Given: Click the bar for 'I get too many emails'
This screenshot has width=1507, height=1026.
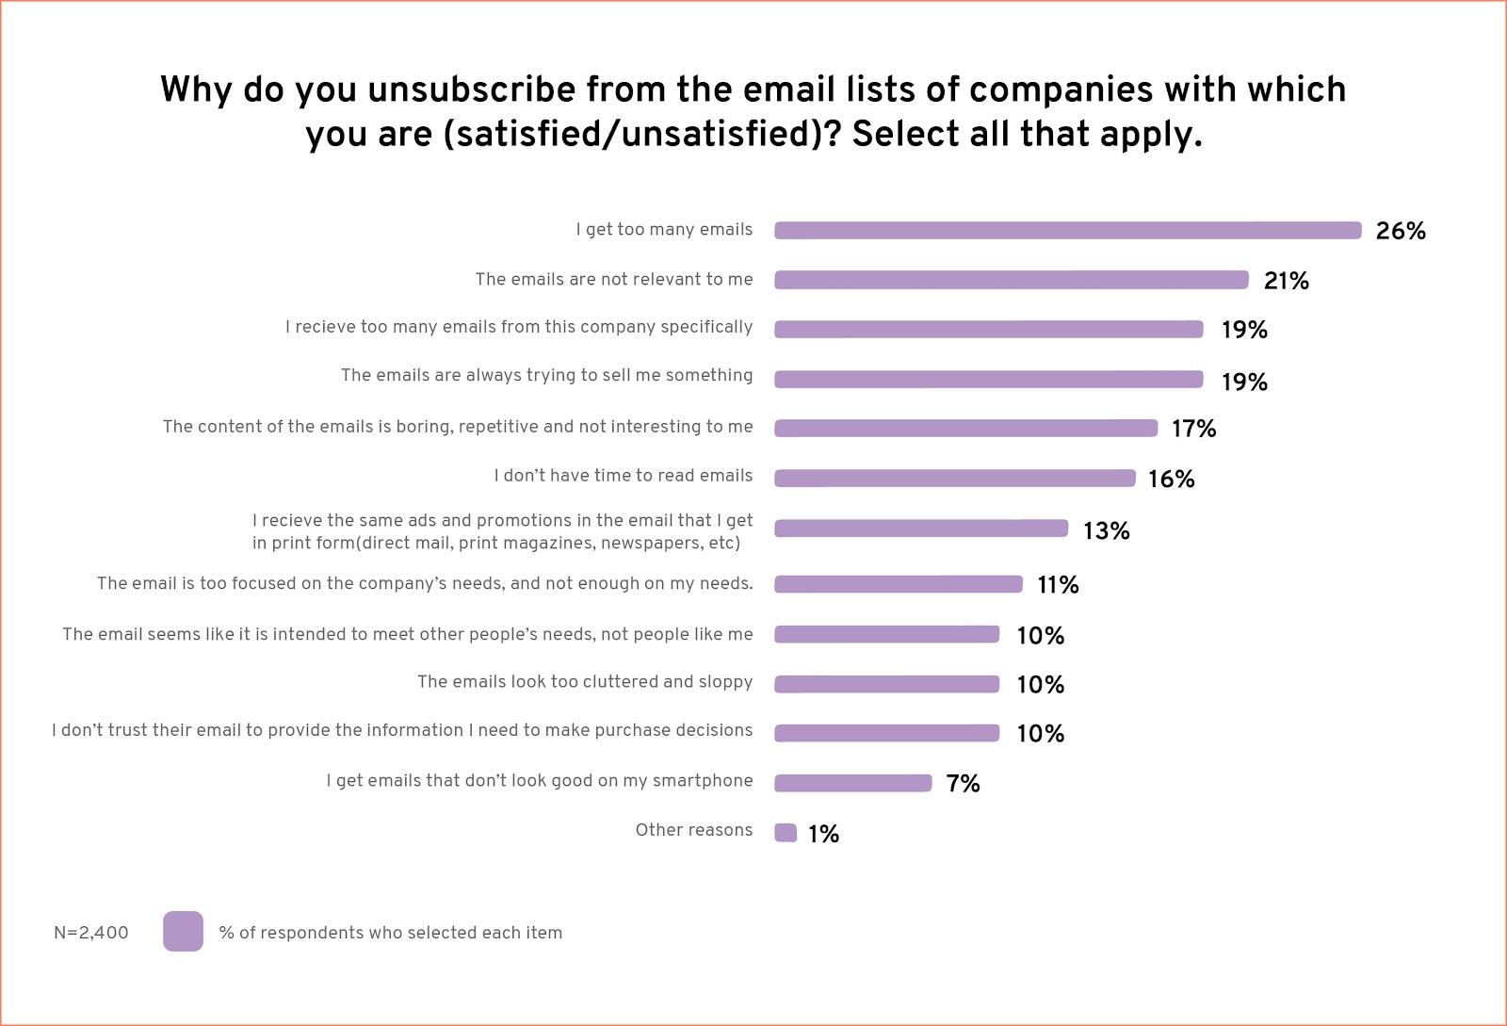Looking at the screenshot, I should point(1067,230).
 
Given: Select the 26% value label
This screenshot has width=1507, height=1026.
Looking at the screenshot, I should point(1400,231).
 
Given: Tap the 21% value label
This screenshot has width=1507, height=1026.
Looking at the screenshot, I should point(1286,281).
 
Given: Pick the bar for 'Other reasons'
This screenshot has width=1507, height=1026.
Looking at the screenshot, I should point(786,833).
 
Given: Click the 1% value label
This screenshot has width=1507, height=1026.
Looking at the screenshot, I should point(823,834).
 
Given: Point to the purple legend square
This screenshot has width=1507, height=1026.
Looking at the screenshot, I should point(183,931).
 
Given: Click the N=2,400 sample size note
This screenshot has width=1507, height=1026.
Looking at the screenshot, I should point(90,933).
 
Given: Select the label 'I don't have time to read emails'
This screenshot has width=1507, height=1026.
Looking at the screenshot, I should point(623,476).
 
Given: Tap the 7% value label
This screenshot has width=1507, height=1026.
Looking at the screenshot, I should point(963,784).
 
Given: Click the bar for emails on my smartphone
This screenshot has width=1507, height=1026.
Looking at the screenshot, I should point(852,783).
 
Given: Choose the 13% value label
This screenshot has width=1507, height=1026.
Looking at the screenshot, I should point(1106,531).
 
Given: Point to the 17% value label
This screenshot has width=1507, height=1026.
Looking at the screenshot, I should point(1193,429).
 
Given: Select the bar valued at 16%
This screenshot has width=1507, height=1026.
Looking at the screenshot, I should point(954,479).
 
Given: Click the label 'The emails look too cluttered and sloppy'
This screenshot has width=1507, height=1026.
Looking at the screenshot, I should point(585,681).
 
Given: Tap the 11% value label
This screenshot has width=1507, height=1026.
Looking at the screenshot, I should point(1058,585).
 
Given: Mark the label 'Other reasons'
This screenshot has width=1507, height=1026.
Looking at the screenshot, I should point(693,830).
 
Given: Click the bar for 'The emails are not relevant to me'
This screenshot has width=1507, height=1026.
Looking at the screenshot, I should point(1011,280).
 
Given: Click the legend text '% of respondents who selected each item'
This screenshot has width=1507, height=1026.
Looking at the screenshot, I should point(390,933).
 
